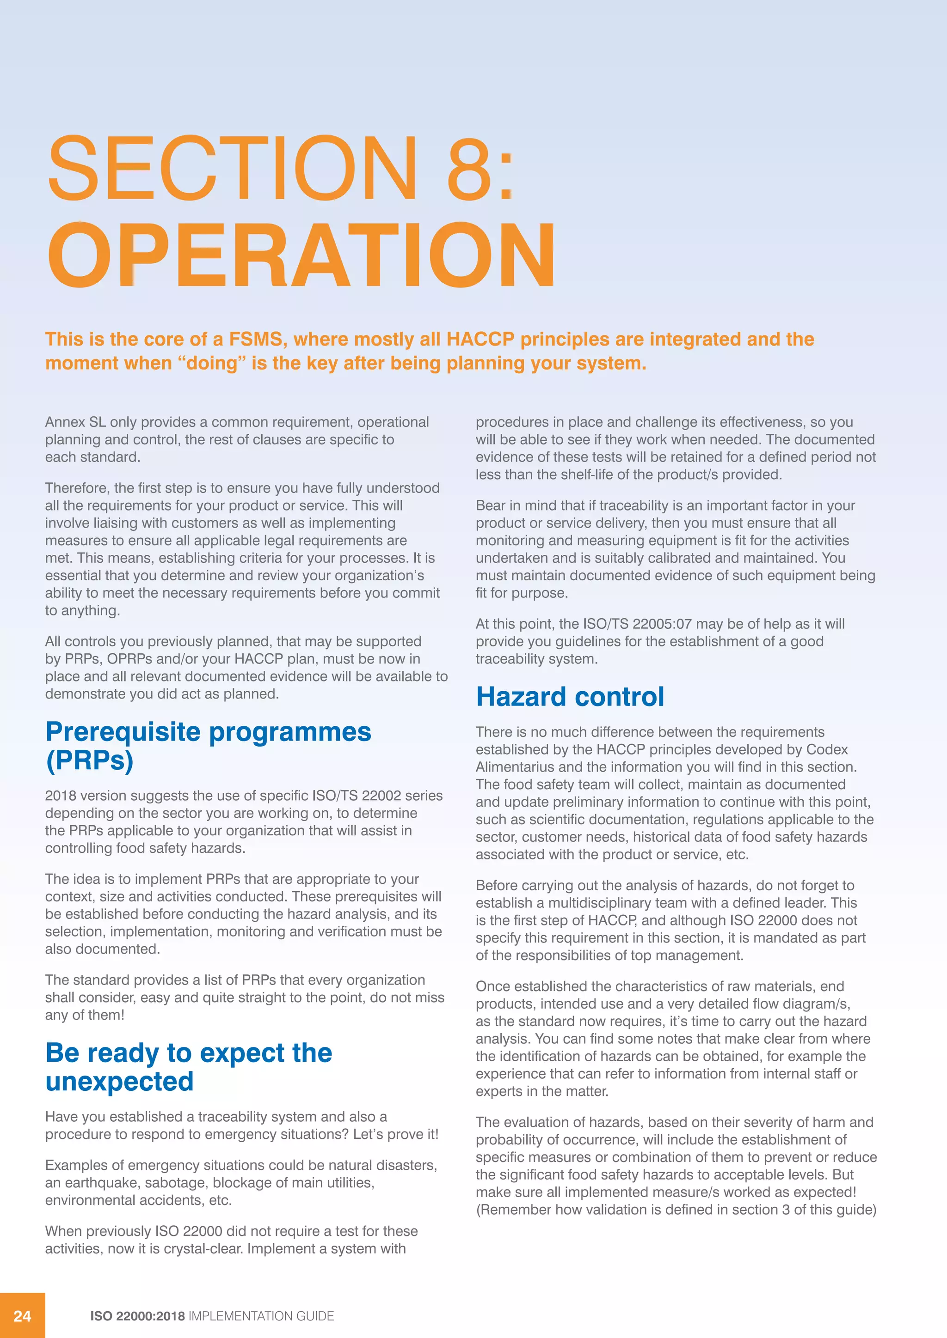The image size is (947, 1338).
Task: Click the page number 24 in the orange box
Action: coord(22,1316)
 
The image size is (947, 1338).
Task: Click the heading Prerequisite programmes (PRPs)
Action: coord(208,745)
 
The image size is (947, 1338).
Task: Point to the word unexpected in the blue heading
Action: coord(120,1082)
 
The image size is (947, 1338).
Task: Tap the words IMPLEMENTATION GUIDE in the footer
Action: coord(261,1316)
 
